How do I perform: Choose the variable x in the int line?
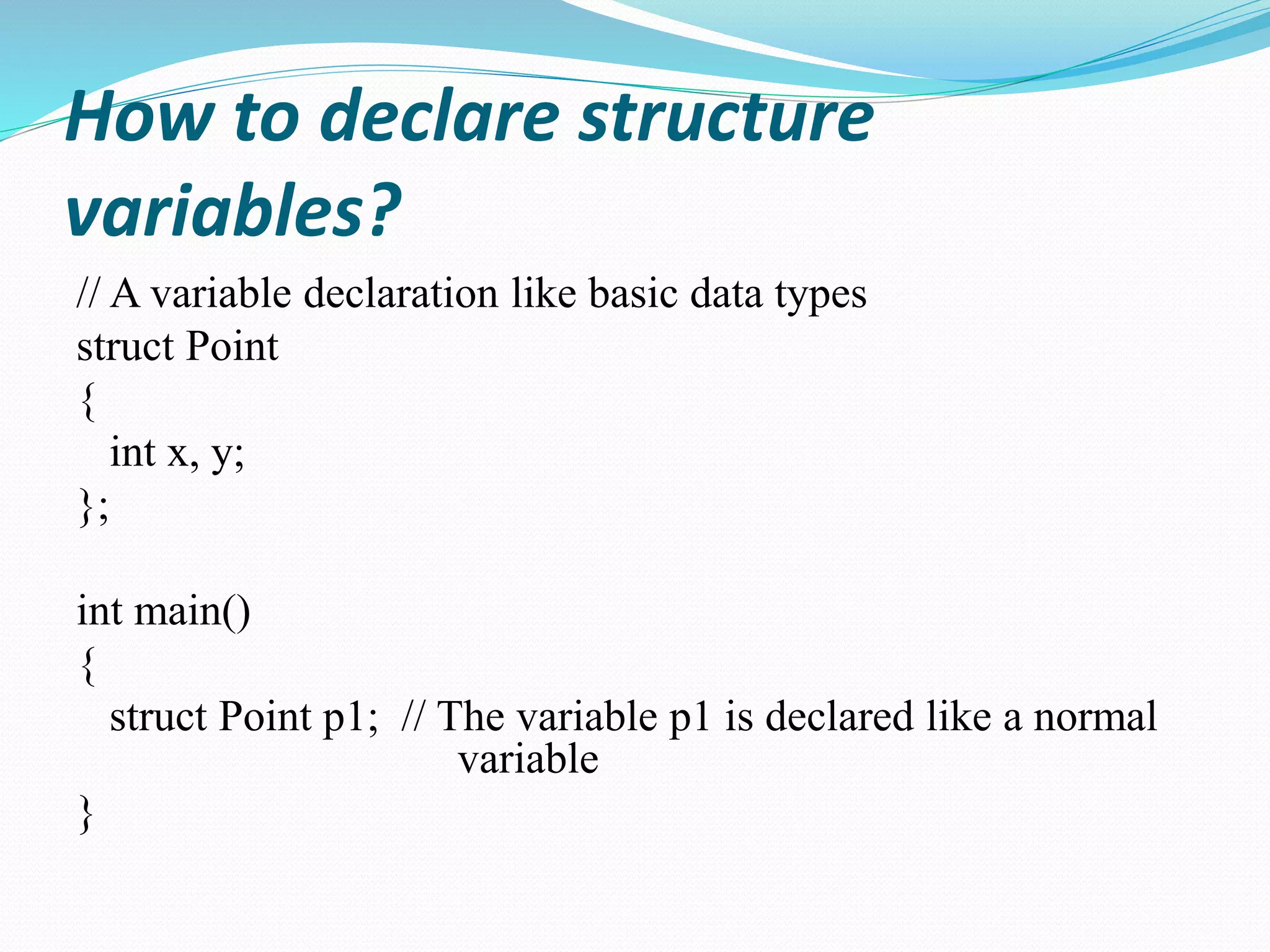click(x=178, y=454)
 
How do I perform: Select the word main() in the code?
click(x=192, y=612)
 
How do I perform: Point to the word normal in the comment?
click(x=1095, y=716)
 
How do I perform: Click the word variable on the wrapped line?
click(x=528, y=759)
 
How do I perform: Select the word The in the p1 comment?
click(x=470, y=716)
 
